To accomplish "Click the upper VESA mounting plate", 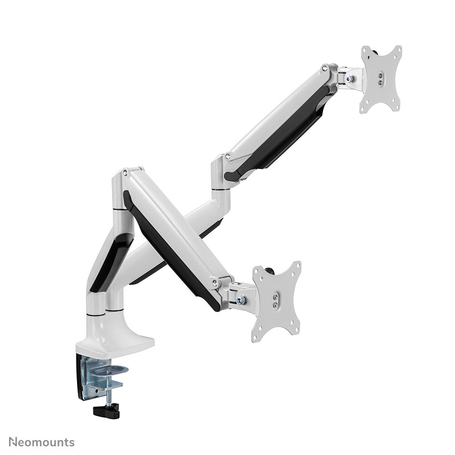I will click(x=381, y=79).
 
